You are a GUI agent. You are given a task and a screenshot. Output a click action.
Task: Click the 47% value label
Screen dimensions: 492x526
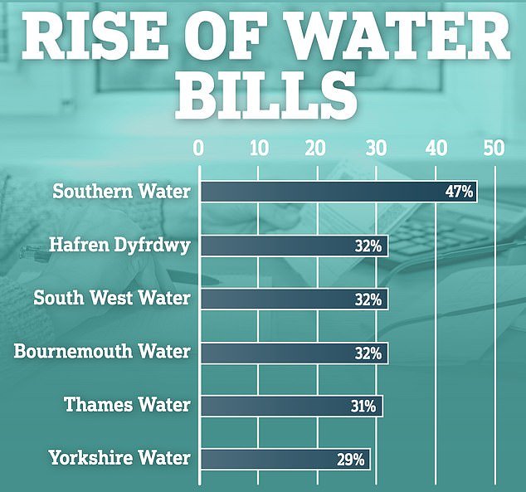(x=459, y=192)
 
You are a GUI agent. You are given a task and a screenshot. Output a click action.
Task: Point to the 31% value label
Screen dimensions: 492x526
(x=363, y=406)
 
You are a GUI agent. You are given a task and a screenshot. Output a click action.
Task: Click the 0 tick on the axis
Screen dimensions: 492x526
(x=198, y=149)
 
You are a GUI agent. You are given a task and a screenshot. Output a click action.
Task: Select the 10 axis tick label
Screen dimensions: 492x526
(x=258, y=149)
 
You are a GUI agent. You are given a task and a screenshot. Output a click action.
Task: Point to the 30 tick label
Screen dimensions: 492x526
(x=377, y=149)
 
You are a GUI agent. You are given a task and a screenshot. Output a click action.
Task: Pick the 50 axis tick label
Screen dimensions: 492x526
(x=494, y=149)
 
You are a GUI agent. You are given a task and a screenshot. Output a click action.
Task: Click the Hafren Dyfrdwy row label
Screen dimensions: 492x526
(x=120, y=245)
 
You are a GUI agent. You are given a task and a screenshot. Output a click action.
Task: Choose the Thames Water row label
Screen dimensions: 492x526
(x=128, y=405)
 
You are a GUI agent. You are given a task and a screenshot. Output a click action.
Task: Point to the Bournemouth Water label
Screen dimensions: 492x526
(x=102, y=352)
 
